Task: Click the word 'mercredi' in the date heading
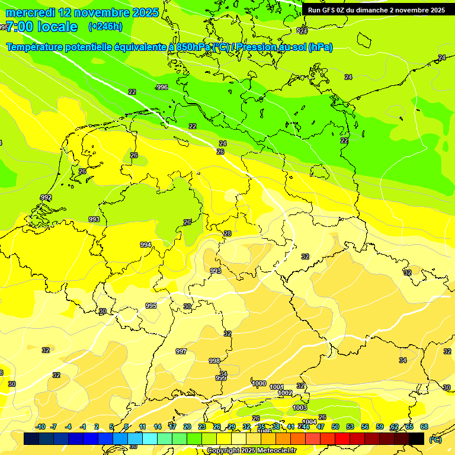pyautogui.click(x=30, y=12)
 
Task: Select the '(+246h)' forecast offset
pyautogui.click(x=105, y=27)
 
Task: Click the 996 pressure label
pyautogui.click(x=162, y=87)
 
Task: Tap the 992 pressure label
pyautogui.click(x=46, y=197)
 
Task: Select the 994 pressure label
pyautogui.click(x=146, y=245)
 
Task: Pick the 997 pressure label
pyautogui.click(x=181, y=351)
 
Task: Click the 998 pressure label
pyautogui.click(x=214, y=361)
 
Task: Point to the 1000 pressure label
pyautogui.click(x=259, y=383)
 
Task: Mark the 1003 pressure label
pyautogui.click(x=300, y=408)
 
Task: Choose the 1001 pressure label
pyautogui.click(x=277, y=387)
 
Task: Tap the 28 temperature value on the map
pyautogui.click(x=227, y=234)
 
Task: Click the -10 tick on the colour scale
pyautogui.click(x=40, y=427)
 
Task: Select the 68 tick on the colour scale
pyautogui.click(x=424, y=427)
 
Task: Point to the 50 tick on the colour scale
pyautogui.click(x=335, y=427)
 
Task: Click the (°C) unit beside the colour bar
pyautogui.click(x=435, y=439)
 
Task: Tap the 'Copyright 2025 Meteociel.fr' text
pyautogui.click(x=251, y=451)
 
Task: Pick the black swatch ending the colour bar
pyautogui.click(x=416, y=438)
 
